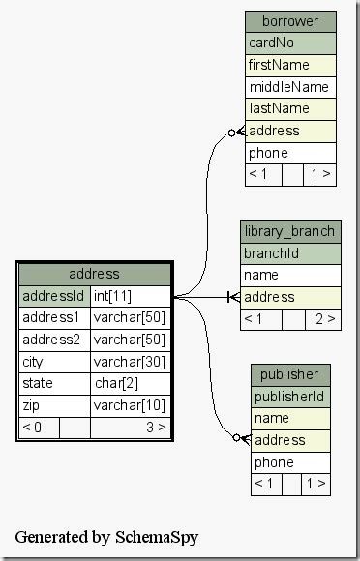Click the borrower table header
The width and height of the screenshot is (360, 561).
tap(290, 21)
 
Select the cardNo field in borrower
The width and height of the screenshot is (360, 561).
tap(290, 44)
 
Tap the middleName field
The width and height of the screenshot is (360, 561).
tap(290, 87)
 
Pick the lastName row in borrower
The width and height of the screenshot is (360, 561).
tap(290, 109)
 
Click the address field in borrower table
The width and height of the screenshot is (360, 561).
tap(290, 131)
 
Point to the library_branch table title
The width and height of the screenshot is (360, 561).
tap(290, 231)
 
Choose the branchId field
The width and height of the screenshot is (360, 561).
tap(290, 253)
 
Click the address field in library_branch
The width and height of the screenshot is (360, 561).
tap(290, 297)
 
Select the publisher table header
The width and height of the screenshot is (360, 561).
tap(290, 374)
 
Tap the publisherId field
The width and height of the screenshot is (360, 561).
tap(290, 397)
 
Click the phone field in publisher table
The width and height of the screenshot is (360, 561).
tap(290, 462)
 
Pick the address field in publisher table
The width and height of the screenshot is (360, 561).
tap(290, 440)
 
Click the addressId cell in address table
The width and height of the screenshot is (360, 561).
tap(54, 296)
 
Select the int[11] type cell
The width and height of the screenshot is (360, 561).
tap(131, 296)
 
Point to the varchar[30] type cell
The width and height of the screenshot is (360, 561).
tap(131, 362)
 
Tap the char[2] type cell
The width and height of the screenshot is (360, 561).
tap(131, 384)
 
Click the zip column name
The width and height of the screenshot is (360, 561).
tap(54, 405)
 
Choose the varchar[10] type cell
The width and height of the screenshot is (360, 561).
tap(131, 405)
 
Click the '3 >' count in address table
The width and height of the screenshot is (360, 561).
tap(155, 427)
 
